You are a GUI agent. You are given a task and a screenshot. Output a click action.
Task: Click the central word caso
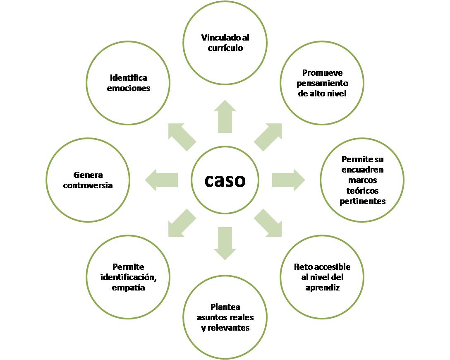[x=225, y=180]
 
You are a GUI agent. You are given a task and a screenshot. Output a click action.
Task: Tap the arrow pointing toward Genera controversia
[x=162, y=180]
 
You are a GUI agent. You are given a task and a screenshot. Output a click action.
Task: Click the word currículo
[x=225, y=48]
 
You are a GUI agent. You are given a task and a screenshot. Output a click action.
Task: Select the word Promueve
[x=322, y=73]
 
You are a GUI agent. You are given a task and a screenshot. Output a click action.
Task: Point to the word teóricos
[x=362, y=191]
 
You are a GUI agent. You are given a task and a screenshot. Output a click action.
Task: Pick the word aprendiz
[x=322, y=288]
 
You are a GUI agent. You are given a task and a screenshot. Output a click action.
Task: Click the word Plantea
[x=225, y=307]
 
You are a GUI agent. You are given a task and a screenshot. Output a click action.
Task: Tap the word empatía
[x=128, y=288]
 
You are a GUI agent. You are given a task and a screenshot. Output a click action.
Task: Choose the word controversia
[x=88, y=185]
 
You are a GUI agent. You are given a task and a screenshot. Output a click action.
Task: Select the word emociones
[x=128, y=88]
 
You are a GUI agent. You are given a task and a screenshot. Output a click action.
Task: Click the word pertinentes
[x=362, y=201]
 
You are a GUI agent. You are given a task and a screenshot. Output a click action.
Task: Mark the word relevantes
[x=228, y=328]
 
